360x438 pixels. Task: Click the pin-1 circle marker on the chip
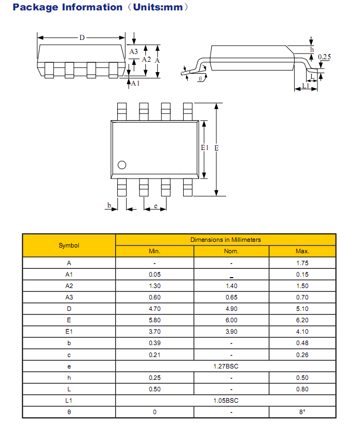point(122,166)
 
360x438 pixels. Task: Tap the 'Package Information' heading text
point(67,7)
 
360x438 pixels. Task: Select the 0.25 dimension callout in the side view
point(324,57)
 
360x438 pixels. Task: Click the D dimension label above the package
point(82,37)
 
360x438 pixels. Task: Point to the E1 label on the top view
point(204,148)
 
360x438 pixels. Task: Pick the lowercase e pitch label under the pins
point(156,207)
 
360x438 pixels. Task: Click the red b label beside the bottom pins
point(109,206)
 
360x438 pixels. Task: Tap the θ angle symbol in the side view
point(200,79)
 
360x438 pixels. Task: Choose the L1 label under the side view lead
point(306,86)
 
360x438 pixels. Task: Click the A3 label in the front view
point(133,51)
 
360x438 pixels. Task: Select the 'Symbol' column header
point(68,245)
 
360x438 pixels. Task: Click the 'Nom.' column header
point(231,251)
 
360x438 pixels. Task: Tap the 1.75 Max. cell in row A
point(302,263)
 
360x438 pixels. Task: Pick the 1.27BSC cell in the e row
point(226,366)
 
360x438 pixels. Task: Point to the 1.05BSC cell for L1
point(226,401)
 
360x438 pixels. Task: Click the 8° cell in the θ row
point(302,412)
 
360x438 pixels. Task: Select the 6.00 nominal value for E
point(231,320)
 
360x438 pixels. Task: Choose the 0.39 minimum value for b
point(155,343)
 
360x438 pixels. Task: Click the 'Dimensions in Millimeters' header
point(226,240)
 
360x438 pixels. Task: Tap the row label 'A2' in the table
point(68,286)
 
